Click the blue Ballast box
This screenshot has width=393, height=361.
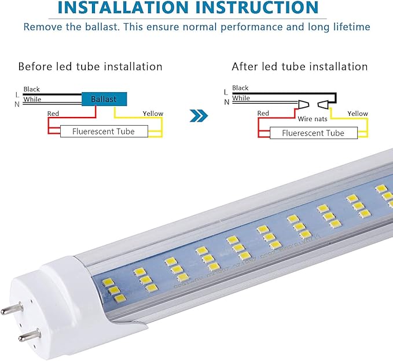103,99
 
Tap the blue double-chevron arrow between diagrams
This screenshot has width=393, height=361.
199,116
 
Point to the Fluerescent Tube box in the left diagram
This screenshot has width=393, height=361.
103,132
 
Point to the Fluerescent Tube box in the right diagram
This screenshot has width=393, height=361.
313,133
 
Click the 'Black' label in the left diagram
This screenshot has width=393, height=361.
32,89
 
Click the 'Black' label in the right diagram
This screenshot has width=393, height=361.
240,88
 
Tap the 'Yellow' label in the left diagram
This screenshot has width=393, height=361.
153,114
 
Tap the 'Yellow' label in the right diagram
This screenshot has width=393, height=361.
357,114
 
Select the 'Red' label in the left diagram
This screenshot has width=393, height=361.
53,114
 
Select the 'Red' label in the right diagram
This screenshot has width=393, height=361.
263,114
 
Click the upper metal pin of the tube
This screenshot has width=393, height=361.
11,309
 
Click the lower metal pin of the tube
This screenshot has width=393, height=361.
28,336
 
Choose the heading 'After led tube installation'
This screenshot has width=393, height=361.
299,67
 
